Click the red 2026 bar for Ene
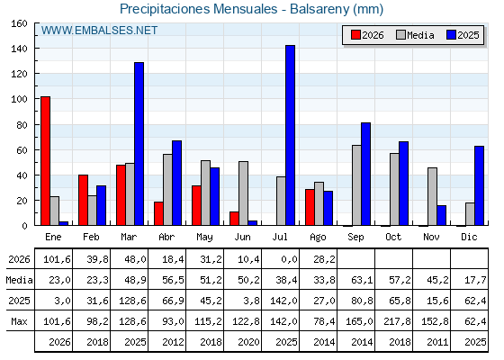[45, 161]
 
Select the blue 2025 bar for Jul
[290, 135]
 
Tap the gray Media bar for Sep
[356, 185]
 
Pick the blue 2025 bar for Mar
[139, 144]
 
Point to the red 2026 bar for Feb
[83, 200]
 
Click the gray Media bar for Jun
[243, 193]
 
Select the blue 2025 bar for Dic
[479, 185]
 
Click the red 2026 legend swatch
[355, 35]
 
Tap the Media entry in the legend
[415, 35]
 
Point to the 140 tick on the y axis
[36, 49]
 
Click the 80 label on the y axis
[22, 125]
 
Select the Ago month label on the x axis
[318, 238]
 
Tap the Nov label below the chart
[431, 237]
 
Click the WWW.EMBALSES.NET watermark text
[99, 31]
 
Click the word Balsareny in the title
[319, 9]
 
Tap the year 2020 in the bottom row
[248, 342]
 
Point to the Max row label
[19, 321]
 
